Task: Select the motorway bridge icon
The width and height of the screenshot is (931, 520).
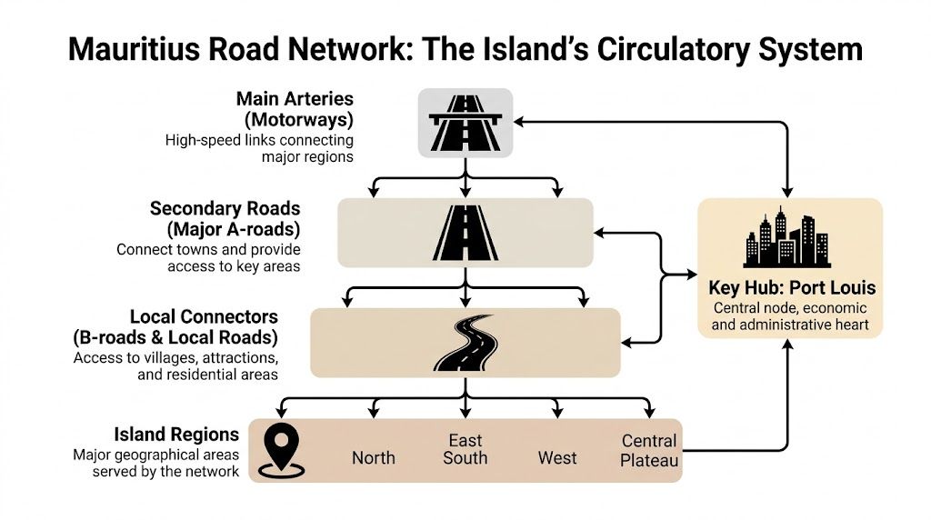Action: point(465,123)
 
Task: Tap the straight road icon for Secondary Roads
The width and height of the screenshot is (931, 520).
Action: point(465,233)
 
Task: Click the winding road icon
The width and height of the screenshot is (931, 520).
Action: point(465,343)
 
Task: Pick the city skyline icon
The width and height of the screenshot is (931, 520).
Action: point(787,237)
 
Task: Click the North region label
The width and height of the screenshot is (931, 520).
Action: point(373,457)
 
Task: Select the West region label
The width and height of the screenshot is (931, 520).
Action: point(556,457)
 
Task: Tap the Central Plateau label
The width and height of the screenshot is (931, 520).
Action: point(649,450)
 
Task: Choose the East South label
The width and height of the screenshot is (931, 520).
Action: point(465,449)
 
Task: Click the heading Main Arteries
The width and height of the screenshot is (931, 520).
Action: point(295,98)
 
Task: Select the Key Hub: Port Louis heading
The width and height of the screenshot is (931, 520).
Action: point(791,288)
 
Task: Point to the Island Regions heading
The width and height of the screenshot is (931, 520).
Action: point(176,434)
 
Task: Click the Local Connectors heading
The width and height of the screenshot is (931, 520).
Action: point(204,317)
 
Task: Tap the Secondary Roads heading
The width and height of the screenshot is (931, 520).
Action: point(225,209)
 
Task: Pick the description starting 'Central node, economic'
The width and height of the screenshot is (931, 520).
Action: point(791,316)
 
